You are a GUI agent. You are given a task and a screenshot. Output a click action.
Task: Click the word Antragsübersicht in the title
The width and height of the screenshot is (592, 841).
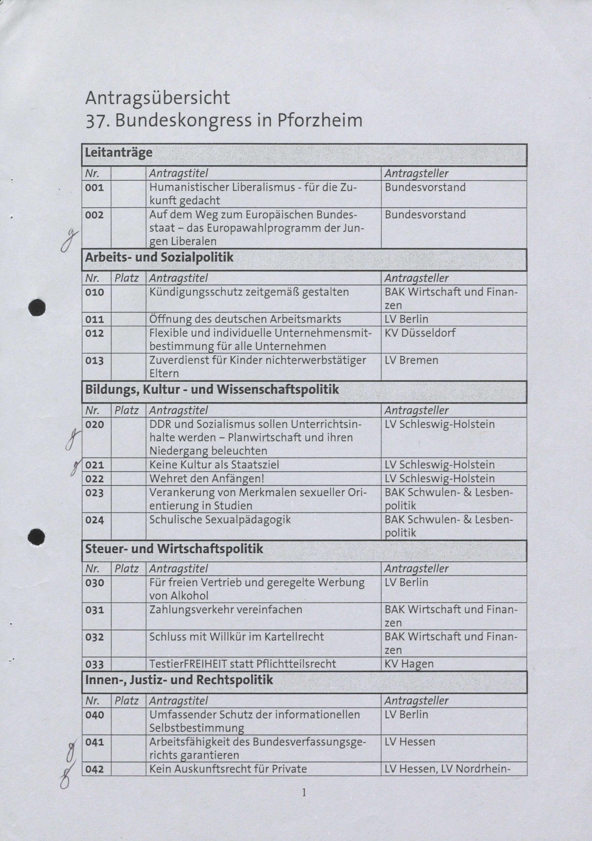[158, 98]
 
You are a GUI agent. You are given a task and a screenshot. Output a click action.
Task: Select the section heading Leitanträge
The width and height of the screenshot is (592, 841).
[119, 152]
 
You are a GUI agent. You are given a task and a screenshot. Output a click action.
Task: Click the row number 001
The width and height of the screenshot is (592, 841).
[95, 188]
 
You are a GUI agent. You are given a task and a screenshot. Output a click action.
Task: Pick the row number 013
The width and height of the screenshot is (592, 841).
[95, 361]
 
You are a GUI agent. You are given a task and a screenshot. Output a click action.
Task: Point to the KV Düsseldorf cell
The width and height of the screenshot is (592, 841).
[420, 333]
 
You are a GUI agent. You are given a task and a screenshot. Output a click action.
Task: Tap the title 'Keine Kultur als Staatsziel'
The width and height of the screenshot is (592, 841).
[214, 465]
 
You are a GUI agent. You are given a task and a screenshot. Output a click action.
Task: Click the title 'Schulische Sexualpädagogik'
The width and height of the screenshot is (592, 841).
[220, 519]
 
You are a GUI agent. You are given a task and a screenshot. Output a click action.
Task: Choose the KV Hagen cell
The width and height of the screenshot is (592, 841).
[409, 664]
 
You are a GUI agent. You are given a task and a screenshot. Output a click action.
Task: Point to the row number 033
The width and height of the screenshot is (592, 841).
[95, 664]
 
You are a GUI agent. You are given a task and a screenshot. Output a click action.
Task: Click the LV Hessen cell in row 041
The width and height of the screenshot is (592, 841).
[410, 742]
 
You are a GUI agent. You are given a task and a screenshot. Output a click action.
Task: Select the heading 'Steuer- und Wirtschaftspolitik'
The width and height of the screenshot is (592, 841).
[174, 549]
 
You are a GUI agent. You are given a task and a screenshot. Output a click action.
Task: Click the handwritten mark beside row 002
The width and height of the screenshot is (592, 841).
[69, 240]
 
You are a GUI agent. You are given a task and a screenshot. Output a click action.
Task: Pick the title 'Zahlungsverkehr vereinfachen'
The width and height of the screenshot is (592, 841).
[226, 610]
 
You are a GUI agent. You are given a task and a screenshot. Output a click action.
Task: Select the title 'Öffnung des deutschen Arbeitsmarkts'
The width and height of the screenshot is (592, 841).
[245, 319]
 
